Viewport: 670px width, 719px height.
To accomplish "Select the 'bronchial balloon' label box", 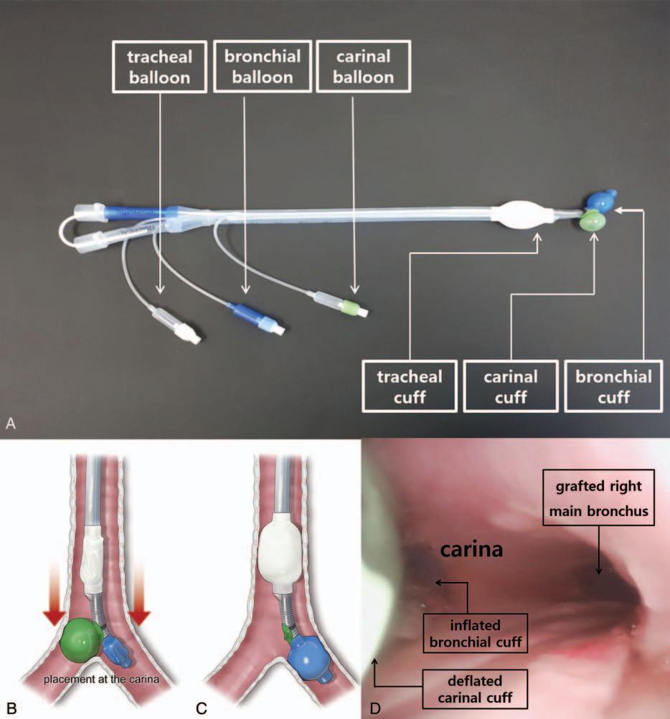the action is [245, 67].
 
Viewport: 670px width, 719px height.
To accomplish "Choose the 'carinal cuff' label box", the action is [509, 385].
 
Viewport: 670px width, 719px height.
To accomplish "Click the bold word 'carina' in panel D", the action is [471, 551].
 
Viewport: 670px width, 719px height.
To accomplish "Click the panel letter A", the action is [11, 424].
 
